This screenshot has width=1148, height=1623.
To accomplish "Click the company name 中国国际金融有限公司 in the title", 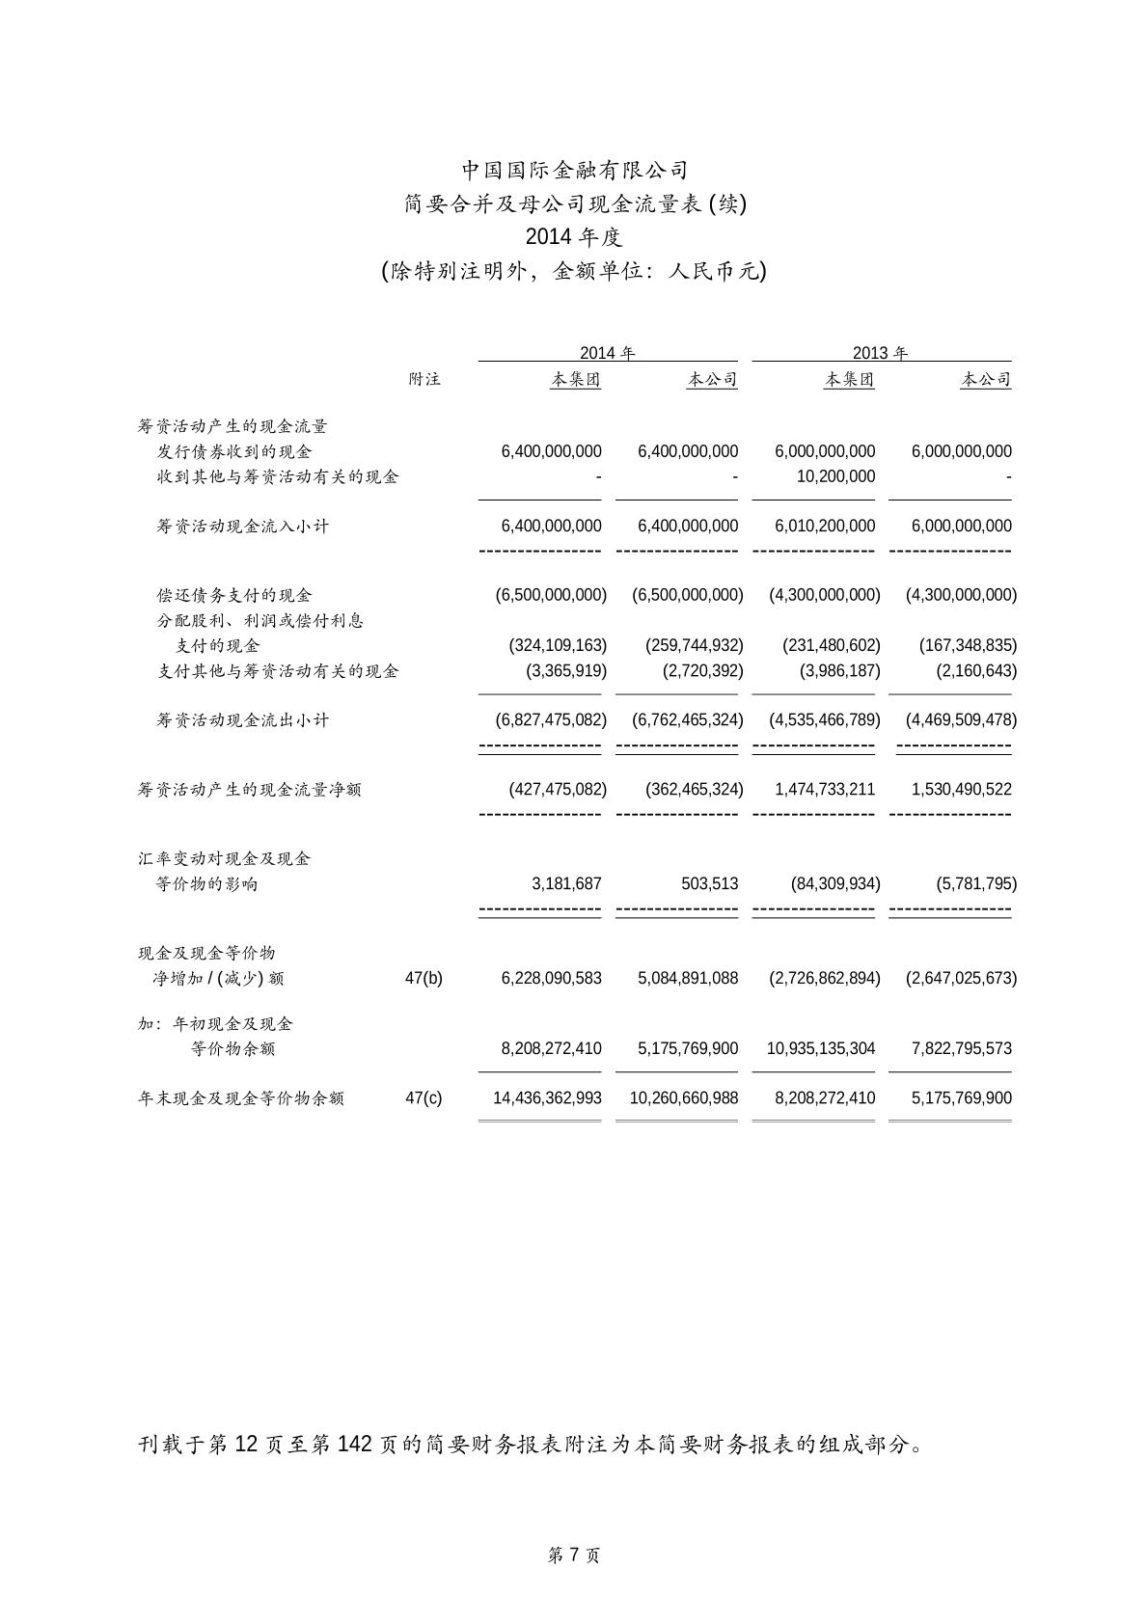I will click(x=574, y=171).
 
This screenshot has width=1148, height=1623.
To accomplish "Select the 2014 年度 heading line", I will click(x=574, y=237).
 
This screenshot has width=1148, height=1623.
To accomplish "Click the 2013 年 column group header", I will click(x=880, y=353).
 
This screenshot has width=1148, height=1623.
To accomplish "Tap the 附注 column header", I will click(x=424, y=379).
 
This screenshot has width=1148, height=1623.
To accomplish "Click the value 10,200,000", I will click(x=835, y=476).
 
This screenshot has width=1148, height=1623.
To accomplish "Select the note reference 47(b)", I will click(x=424, y=978).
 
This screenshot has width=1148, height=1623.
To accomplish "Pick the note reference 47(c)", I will click(x=424, y=1097).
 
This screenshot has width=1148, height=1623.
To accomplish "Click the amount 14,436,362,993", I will click(x=547, y=1097).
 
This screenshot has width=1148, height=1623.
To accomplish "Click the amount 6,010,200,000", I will click(x=825, y=526).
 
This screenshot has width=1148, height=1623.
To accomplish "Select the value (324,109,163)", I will click(x=558, y=645).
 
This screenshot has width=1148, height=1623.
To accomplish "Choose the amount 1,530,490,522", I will click(x=962, y=789).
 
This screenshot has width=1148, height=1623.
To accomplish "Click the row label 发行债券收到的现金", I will click(x=234, y=451).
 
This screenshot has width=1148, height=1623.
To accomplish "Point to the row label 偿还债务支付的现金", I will click(x=234, y=595).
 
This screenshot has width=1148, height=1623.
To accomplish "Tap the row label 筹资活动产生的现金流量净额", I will click(x=249, y=790).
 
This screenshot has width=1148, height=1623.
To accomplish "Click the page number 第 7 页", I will click(x=574, y=1555).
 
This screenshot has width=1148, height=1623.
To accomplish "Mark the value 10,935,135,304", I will click(x=821, y=1048).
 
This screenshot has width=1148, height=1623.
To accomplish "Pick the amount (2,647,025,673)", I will click(x=961, y=978).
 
